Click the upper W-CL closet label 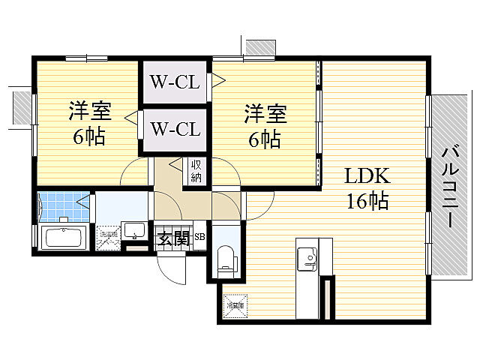coord(175,81)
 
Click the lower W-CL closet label coord(175,128)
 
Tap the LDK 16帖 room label coord(366,187)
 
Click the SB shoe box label coord(199,238)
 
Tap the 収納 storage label coord(196,171)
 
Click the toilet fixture coord(226,259)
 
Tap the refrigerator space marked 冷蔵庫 coord(235,305)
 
